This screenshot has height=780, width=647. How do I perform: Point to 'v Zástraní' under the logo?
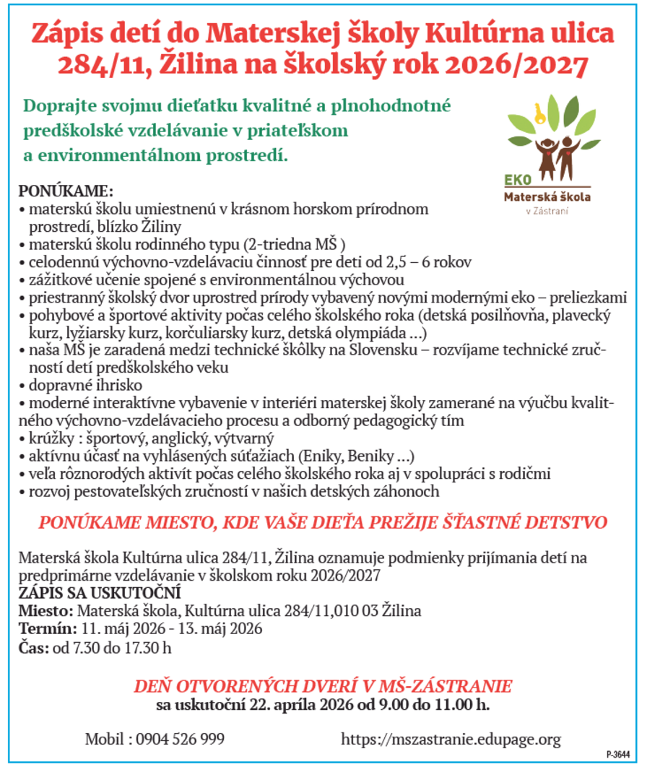click(x=545, y=212)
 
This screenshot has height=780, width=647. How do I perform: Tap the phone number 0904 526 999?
click(x=180, y=739)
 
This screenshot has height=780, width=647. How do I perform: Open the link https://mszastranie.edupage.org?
click(x=451, y=739)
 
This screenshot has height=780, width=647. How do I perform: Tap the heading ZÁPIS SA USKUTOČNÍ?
click(x=89, y=593)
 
